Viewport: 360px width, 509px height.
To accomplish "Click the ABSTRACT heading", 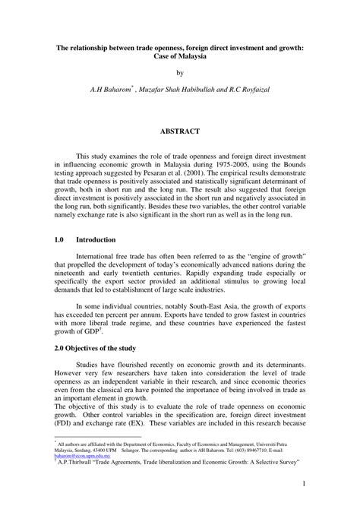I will [x=179, y=131].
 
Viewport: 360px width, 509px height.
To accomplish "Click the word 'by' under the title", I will [x=180, y=74].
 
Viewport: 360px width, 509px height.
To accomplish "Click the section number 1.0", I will [x=60, y=238].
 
